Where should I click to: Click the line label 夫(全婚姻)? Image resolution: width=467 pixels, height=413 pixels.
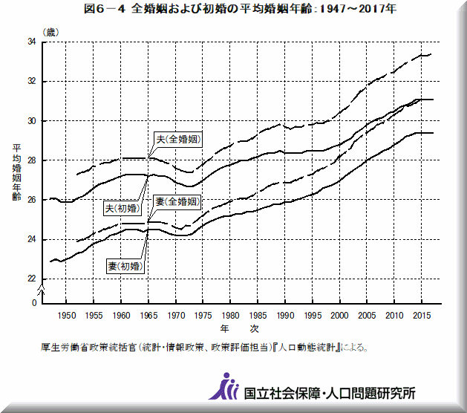[x=178, y=139]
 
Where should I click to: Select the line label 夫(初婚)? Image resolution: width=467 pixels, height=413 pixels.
[x=125, y=209]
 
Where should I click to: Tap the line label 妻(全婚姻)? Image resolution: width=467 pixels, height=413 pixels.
[x=177, y=202]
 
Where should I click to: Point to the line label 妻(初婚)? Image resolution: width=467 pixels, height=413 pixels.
[x=125, y=265]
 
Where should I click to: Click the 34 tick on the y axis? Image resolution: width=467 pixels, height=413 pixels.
[x=33, y=42]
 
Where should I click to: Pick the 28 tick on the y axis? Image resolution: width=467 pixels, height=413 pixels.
[x=33, y=160]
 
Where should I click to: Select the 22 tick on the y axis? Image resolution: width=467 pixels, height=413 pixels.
[x=33, y=279]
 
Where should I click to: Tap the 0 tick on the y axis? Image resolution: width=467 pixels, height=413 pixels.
[x=34, y=303]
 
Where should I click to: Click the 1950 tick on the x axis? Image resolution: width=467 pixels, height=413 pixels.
[x=67, y=315]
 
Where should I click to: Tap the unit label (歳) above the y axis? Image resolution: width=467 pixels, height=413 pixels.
[x=50, y=32]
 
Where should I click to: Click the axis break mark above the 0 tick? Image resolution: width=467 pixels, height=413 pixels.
[x=42, y=290]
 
